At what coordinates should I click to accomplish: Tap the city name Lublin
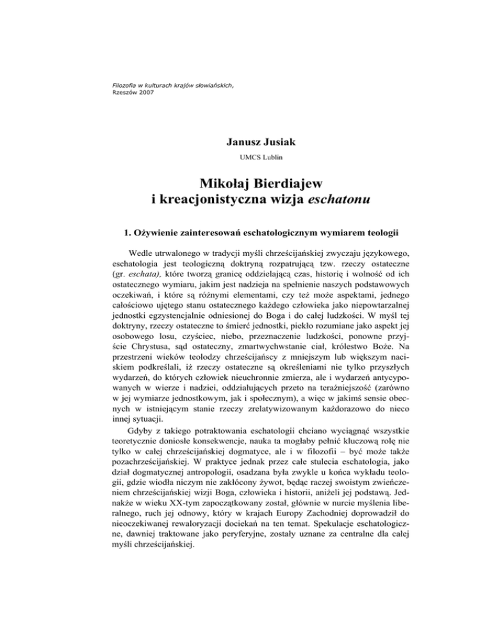(258, 154)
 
